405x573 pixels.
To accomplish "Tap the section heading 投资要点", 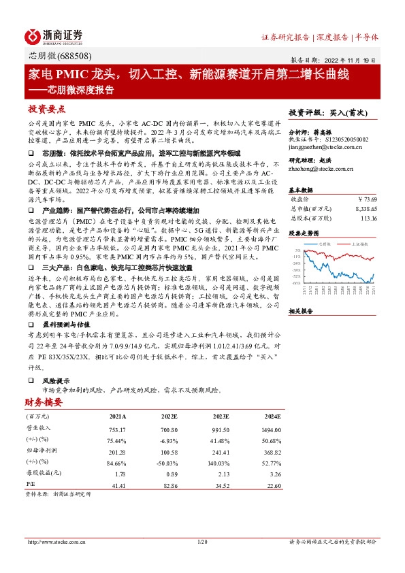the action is [46, 109].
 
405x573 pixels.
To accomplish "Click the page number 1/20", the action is [201, 542].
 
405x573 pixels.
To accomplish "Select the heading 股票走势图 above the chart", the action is [304, 233].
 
